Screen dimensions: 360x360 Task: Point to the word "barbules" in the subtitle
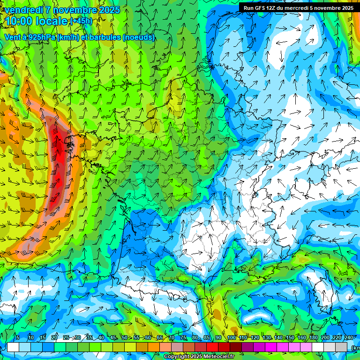(102, 37)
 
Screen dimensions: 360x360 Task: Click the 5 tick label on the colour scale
(18, 337)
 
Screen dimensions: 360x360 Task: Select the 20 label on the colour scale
(54, 337)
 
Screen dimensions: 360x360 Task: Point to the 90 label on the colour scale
(218, 337)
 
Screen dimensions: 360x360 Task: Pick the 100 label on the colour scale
(232, 337)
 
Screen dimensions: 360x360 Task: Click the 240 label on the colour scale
(349, 337)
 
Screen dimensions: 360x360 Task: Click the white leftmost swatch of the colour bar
(13, 347)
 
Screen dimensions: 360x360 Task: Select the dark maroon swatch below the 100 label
(236, 347)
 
